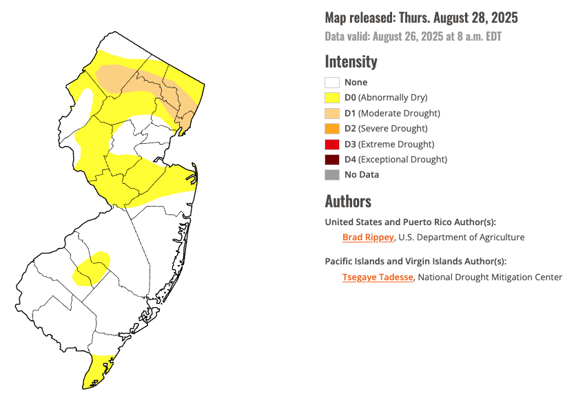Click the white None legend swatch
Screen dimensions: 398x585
(332, 83)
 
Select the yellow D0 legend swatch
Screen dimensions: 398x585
(332, 98)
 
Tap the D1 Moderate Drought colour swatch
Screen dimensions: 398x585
(332, 113)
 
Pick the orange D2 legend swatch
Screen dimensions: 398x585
(332, 129)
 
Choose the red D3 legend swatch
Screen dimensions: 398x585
(332, 144)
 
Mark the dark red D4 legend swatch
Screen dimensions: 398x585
(332, 159)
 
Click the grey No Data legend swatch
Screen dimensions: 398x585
(332, 175)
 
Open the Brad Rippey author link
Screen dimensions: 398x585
(368, 237)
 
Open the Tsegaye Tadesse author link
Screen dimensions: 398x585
(378, 277)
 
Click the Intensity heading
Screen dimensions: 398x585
(351, 61)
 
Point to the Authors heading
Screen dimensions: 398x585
(348, 201)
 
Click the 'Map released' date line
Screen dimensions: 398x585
(421, 18)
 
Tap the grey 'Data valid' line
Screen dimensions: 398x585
(413, 36)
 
